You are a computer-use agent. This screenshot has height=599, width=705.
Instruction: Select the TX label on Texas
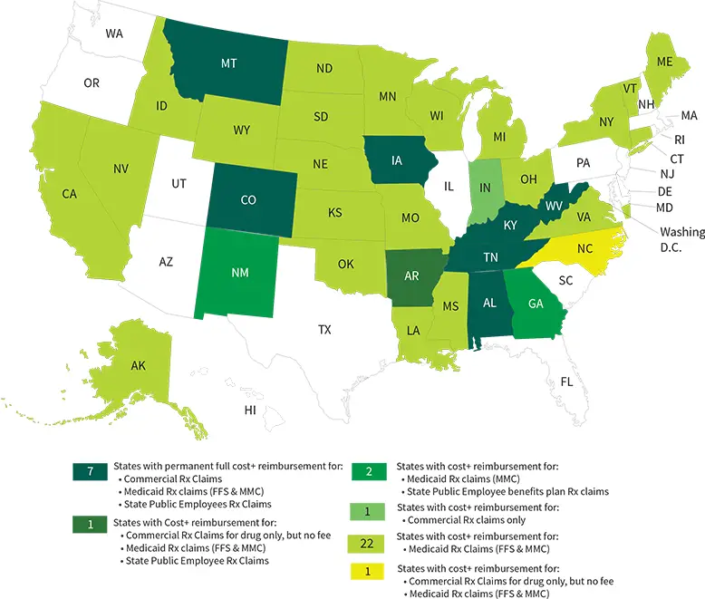(x=324, y=329)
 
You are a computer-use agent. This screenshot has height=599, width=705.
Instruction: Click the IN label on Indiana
(x=485, y=188)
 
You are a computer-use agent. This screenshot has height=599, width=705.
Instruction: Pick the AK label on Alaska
(x=138, y=365)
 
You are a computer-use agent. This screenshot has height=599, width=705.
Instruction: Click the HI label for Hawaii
(x=250, y=411)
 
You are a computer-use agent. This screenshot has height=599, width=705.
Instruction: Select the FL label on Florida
(x=567, y=382)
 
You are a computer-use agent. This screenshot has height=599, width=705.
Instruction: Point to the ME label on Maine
(x=665, y=63)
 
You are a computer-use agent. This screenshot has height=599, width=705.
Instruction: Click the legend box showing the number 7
(x=91, y=471)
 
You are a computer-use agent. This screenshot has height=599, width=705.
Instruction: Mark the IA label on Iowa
(x=397, y=161)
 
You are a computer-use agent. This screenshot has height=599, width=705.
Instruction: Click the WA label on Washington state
(x=114, y=34)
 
